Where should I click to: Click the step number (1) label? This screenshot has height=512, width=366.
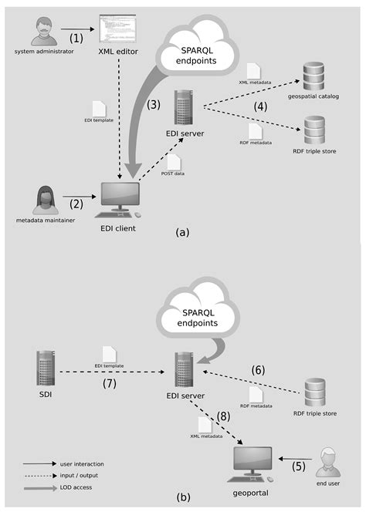point(76,36)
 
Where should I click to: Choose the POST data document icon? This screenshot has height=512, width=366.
point(174,162)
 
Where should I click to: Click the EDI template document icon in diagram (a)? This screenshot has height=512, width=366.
point(99,109)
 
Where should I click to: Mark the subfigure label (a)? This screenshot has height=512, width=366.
point(183,231)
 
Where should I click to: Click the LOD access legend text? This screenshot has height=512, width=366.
point(76,487)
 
